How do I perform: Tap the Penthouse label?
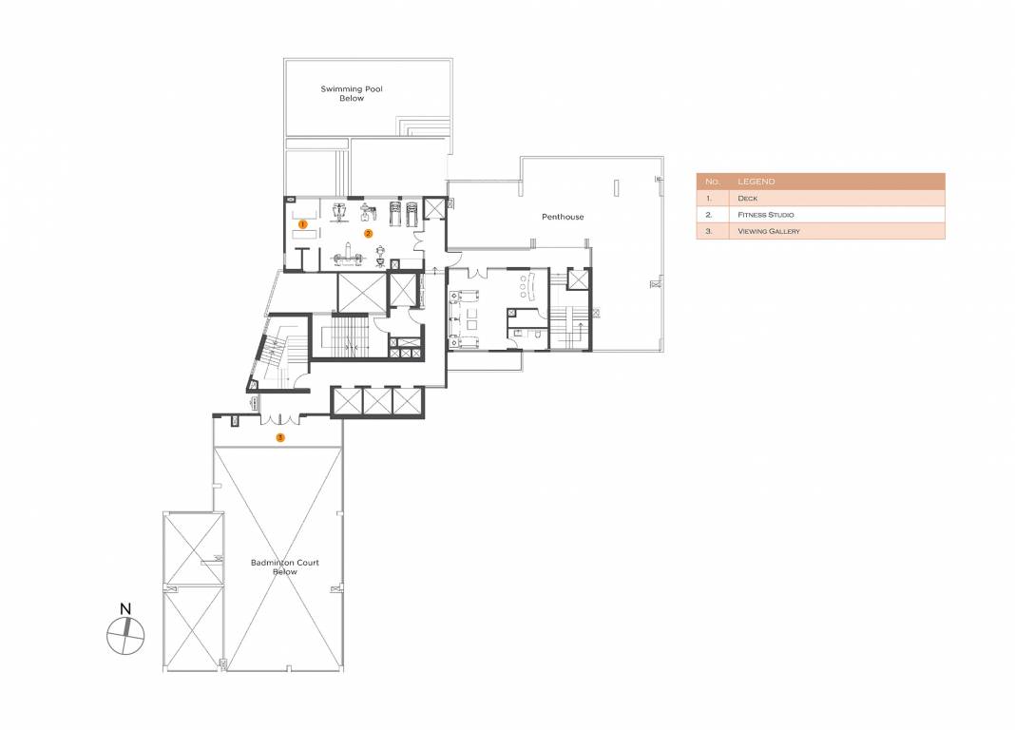(x=563, y=217)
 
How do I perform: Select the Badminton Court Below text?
(x=285, y=567)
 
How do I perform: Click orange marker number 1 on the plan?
(x=302, y=224)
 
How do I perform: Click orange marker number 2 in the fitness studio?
(x=368, y=232)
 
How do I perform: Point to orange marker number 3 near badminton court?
(x=279, y=437)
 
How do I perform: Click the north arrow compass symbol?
(x=124, y=634)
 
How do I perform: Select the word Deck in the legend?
(x=746, y=199)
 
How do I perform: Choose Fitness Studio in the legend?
(x=765, y=215)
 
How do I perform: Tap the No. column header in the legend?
(x=712, y=182)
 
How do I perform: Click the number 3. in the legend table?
(x=709, y=231)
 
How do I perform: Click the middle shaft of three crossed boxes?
(x=376, y=401)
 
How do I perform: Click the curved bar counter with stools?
(x=527, y=282)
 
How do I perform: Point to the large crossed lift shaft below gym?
(x=361, y=291)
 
